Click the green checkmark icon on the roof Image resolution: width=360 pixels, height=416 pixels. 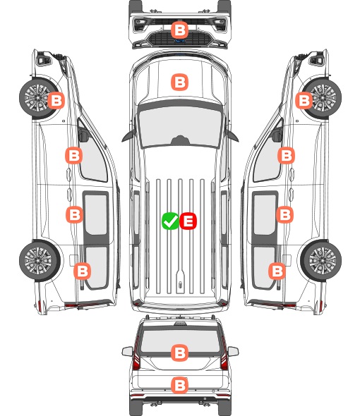tap(170, 221)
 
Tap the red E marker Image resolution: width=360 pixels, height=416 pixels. tap(188, 221)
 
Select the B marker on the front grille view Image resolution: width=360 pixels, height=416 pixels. tap(179, 30)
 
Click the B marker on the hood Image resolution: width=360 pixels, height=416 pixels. tap(179, 82)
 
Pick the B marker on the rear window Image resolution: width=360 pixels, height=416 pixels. tap(179, 353)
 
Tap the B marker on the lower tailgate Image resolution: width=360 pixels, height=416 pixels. tap(179, 385)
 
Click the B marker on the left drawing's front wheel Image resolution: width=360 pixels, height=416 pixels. tap(56, 100)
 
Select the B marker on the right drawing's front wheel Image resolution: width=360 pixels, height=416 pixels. tap(304, 100)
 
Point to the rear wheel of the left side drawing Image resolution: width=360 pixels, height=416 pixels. tap(39, 261)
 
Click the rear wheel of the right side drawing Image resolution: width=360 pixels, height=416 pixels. tap(321, 261)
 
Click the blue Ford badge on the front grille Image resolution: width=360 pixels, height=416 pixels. tap(180, 41)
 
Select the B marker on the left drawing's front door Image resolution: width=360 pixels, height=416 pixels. tap(74, 155)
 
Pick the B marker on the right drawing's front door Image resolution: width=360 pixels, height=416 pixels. tap(286, 155)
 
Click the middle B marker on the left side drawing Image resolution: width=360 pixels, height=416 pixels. tap(74, 214)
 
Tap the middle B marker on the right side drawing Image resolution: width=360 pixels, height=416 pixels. tap(284, 214)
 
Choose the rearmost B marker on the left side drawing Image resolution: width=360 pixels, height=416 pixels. tap(82, 271)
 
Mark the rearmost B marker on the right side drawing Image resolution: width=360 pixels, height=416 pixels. tap(277, 271)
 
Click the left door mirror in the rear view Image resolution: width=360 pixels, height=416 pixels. tap(127, 351)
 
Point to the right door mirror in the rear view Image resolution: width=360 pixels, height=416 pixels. tap(233, 351)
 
